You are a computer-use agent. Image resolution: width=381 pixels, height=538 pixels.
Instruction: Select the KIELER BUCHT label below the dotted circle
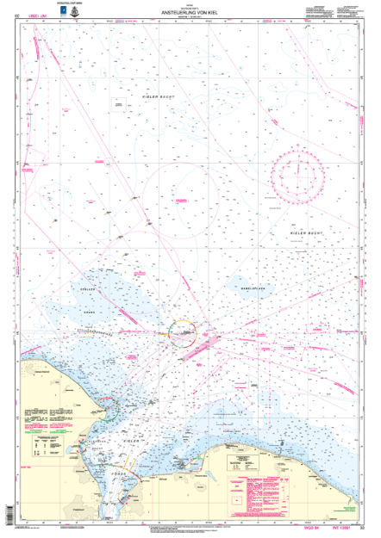click(x=305, y=233)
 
